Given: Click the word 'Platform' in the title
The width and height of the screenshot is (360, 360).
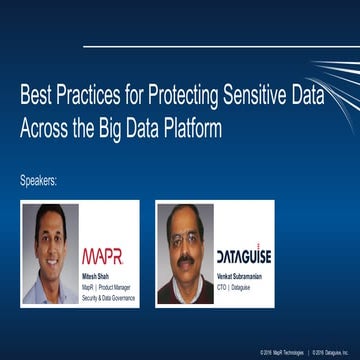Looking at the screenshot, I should coord(193,130).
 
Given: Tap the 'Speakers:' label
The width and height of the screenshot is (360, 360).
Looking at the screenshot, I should coord(39,181).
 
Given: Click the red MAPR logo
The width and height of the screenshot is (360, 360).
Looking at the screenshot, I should coord(102,256).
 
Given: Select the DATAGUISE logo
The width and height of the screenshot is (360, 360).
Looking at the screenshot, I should coord(244,256).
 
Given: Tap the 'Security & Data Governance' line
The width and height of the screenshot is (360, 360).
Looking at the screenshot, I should coord(106,295).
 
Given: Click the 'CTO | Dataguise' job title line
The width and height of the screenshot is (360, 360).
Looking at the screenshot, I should coord(237,286).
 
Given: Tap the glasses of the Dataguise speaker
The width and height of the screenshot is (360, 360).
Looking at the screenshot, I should coord(185,238).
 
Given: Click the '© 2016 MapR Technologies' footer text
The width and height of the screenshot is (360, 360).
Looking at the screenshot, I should coord(283,352).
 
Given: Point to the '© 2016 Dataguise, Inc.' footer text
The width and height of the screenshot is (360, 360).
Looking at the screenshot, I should coord(335,352).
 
